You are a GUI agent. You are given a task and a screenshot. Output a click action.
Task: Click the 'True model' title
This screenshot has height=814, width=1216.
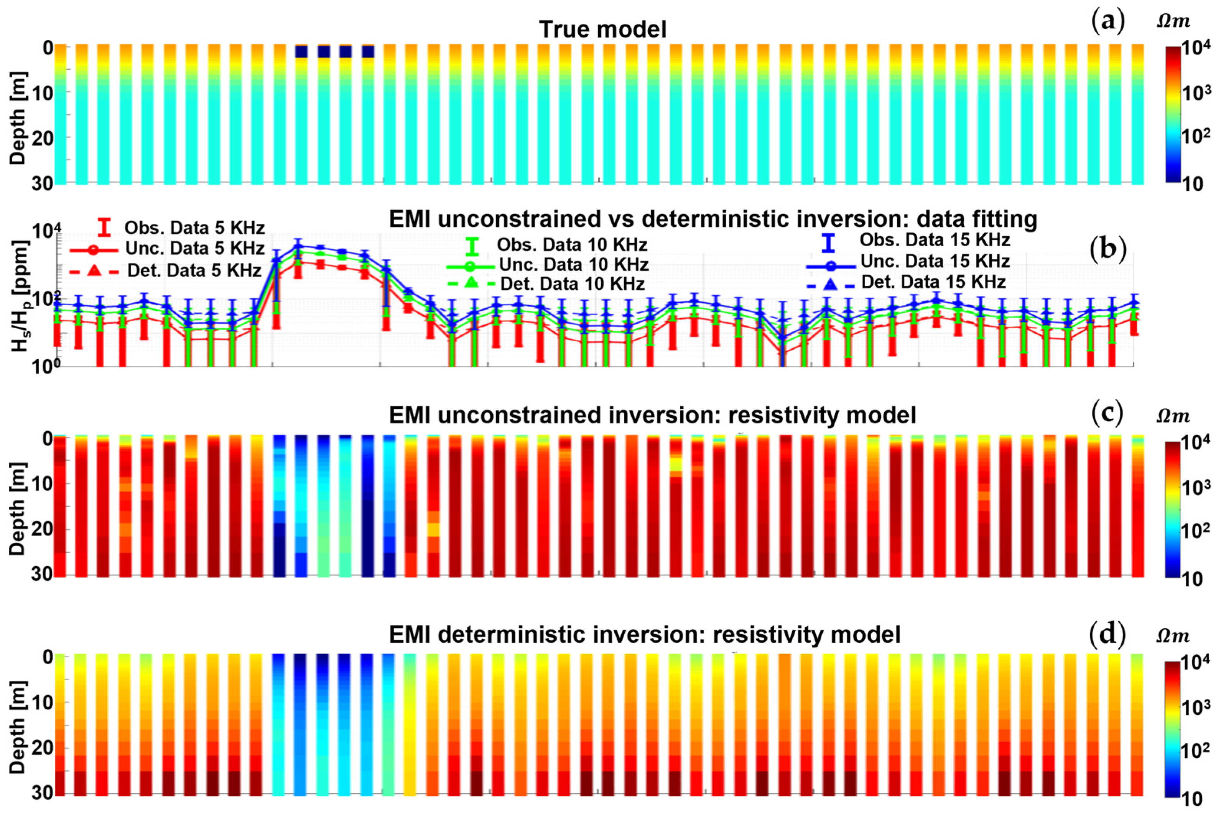coord(602,29)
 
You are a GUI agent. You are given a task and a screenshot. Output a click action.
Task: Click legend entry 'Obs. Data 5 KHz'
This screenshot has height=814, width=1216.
coord(194,228)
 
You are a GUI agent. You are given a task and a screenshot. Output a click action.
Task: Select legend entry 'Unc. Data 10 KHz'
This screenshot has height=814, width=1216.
coord(573,265)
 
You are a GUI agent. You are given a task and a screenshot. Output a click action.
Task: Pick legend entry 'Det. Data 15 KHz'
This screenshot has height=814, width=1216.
coord(933,282)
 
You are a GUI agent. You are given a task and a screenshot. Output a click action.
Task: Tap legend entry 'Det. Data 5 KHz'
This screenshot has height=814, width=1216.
coord(193,270)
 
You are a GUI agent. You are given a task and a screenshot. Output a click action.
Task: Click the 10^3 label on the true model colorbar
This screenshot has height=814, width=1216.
coord(1195,93)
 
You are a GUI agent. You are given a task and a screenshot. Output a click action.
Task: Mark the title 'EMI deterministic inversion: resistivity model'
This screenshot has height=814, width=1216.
coord(644,634)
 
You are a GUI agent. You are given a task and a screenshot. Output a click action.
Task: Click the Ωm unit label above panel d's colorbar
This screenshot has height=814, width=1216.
coord(1173,636)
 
